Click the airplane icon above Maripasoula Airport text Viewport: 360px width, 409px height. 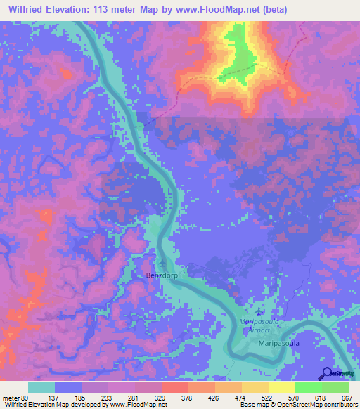(259, 311)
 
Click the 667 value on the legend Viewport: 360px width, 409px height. (346, 398)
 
